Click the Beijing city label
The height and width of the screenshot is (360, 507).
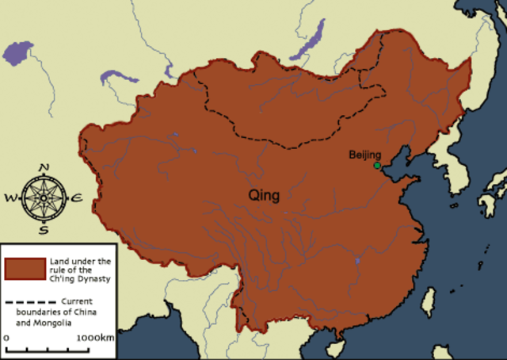365,155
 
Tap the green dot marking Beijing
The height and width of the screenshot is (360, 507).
377,166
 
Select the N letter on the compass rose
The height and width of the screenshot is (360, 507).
44,167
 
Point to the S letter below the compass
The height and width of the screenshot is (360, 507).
44,230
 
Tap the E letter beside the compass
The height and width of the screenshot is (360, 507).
77,198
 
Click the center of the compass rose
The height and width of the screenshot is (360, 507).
44,198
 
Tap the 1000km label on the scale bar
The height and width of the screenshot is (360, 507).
96,338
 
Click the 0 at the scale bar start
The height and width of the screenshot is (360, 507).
7,338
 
